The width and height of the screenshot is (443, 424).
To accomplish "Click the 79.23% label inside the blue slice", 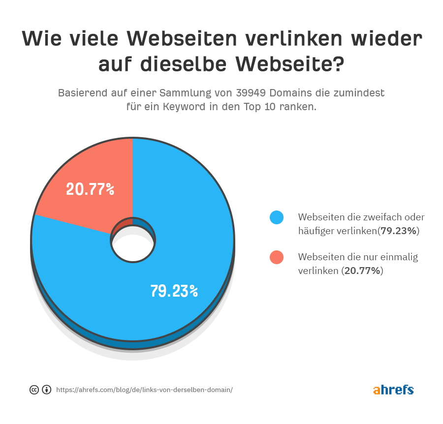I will click(x=174, y=291).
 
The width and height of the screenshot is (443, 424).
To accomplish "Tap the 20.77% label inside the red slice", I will click(x=90, y=189).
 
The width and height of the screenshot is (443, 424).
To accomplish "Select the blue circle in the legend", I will click(x=277, y=217).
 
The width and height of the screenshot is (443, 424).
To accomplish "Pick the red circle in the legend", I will click(x=277, y=257).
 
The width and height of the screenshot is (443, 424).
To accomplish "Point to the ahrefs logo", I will click(x=393, y=390).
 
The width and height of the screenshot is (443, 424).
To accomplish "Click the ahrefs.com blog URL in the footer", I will click(x=144, y=390).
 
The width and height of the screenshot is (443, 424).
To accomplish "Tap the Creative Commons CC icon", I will click(x=34, y=390).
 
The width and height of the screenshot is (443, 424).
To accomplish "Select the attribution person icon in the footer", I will click(x=46, y=390).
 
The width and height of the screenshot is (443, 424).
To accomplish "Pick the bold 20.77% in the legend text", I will click(x=362, y=271).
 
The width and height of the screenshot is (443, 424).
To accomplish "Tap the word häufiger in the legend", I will click(x=316, y=231).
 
